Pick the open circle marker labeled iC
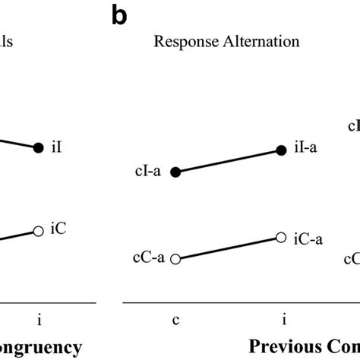coord(39,230)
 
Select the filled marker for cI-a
coord(175,173)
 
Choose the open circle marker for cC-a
coord(175,259)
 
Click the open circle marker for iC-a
coord(282,237)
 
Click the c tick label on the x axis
coord(175,319)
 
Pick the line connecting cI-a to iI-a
coord(229,162)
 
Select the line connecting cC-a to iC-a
coord(229,248)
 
